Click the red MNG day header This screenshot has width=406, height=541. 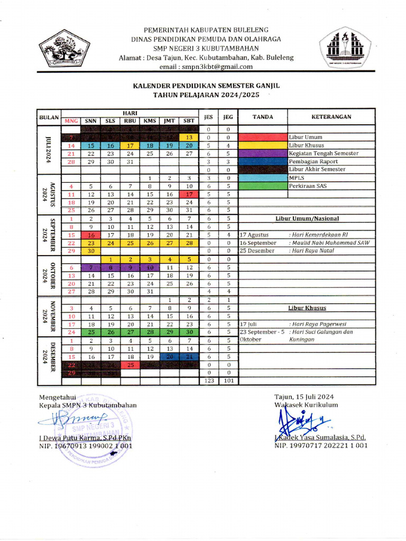pyautogui.click(x=71, y=121)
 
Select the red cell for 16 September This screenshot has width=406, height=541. pyautogui.click(x=90, y=235)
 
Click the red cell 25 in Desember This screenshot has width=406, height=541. pyautogui.click(x=130, y=365)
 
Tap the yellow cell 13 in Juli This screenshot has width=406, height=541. pyautogui.click(x=188, y=137)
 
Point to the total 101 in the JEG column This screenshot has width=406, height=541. pyautogui.click(x=228, y=381)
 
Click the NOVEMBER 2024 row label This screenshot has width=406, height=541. pyautogui.click(x=52, y=316)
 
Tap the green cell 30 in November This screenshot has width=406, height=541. pyautogui.click(x=188, y=332)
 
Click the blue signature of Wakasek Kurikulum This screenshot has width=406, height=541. pyautogui.click(x=299, y=422)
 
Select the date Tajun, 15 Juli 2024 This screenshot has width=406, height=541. pyautogui.click(x=304, y=397)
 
